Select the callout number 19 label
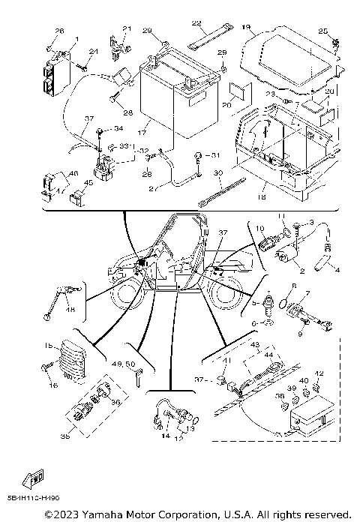point(246,27)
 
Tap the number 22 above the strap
point(196,23)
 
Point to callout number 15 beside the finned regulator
point(46,346)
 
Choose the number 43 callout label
point(253,344)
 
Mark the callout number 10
point(260,226)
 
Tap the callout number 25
point(322,31)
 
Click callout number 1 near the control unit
point(76,39)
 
